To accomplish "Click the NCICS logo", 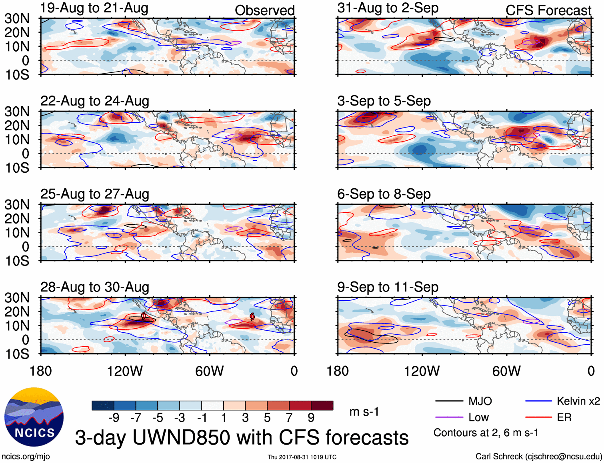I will (34, 417).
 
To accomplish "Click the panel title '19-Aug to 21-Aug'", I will (94, 8).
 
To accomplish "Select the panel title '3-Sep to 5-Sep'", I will (384, 101).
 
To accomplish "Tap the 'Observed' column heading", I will (264, 10).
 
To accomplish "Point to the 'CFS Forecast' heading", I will (548, 10).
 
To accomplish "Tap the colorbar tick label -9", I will (114, 418).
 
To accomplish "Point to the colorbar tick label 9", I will (311, 418).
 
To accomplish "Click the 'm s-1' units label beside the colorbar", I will (364, 412).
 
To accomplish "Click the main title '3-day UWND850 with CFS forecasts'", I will (242, 437).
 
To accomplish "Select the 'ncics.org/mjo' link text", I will (26, 457).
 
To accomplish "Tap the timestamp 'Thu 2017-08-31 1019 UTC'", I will (302, 457).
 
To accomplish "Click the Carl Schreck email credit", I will (538, 457).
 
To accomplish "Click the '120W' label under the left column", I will (125, 371).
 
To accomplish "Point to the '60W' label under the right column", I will (506, 371).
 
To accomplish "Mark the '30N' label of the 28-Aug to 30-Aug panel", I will (17, 298).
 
